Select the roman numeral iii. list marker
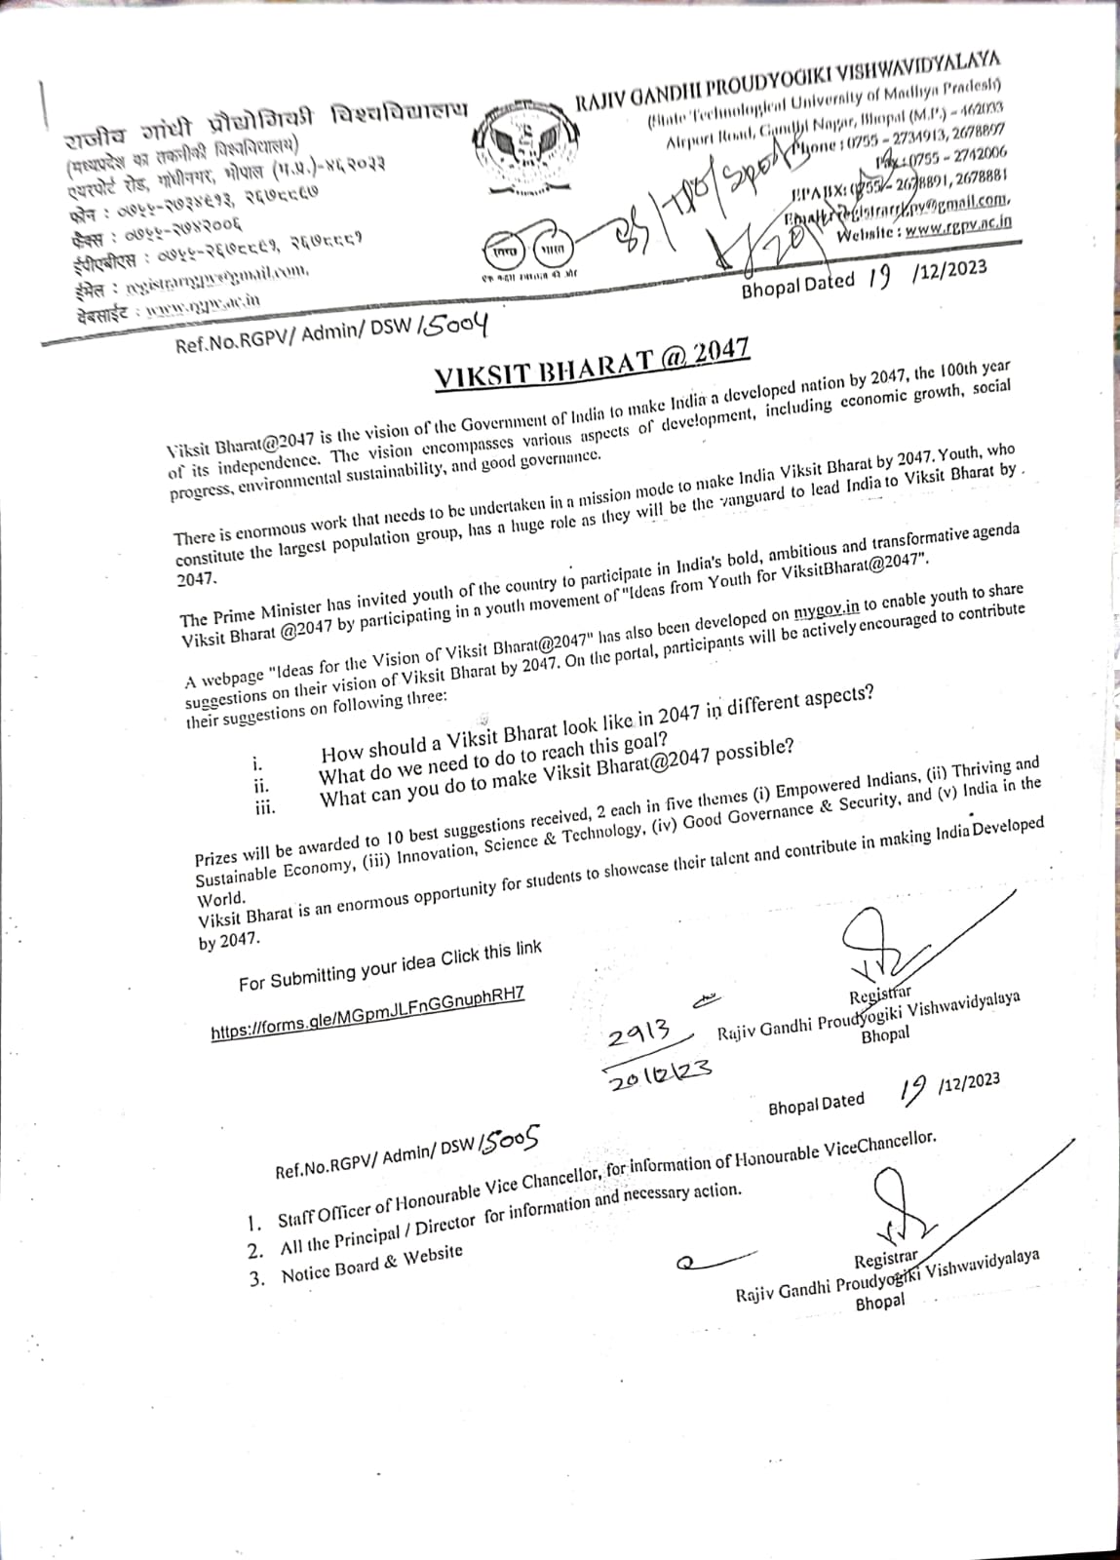point(263,807)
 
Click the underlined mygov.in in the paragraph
point(826,608)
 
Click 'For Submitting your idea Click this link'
point(390,968)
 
